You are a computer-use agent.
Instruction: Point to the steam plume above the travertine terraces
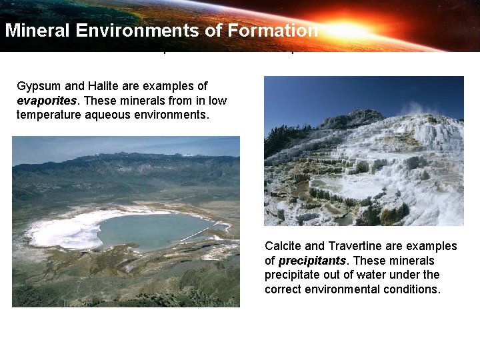tap(413, 107)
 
